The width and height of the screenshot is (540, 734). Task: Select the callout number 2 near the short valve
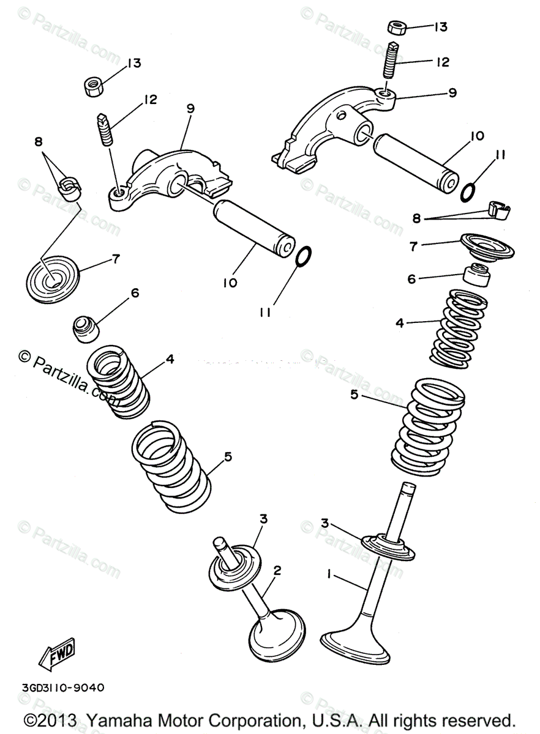[x=277, y=571]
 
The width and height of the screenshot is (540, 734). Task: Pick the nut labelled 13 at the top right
[x=398, y=28]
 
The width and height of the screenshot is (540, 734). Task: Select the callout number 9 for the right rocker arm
[x=452, y=93]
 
